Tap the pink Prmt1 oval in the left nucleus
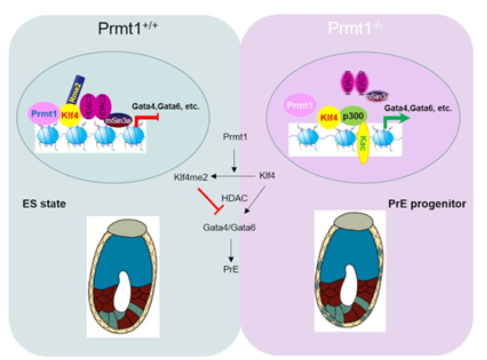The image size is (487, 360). tap(43, 114)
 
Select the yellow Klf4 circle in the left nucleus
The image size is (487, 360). tap(70, 115)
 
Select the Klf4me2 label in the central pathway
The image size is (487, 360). tap(191, 178)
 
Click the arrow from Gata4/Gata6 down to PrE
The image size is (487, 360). tap(231, 249)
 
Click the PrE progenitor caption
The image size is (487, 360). tap(427, 204)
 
